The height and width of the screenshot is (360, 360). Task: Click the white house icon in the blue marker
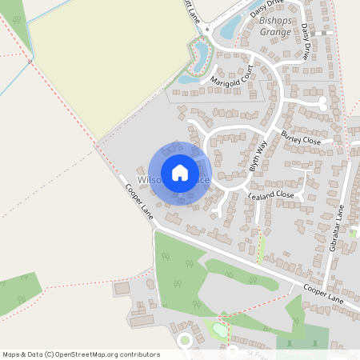tap(180, 172)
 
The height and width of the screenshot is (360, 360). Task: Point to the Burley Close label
tap(300, 138)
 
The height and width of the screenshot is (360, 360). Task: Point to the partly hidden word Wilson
tap(149, 179)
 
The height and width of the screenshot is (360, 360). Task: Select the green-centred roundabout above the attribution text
tap(185, 340)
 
